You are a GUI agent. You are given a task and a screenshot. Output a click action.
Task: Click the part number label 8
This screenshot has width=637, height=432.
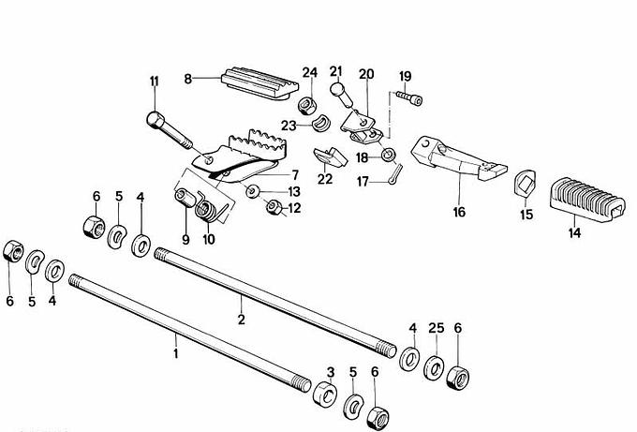coord(187,79)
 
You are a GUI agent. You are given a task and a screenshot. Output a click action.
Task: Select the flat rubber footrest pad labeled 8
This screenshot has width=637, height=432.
coord(260,82)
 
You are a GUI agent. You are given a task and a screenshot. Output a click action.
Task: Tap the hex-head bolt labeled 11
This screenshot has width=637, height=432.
coord(169,129)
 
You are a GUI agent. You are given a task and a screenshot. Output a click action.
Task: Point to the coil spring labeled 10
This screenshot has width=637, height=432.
coord(208,207)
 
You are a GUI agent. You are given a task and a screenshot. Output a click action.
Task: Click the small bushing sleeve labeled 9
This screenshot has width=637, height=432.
coord(185,198)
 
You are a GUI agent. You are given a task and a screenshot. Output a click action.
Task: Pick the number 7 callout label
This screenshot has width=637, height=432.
coord(295,174)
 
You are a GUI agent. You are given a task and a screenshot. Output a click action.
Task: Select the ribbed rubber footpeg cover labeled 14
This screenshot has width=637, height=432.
coord(586,200)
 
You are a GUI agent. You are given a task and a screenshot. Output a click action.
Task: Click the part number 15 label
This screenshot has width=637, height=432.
coord(526,215)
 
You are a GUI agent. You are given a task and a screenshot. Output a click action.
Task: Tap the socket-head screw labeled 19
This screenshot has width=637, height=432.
coord(408,97)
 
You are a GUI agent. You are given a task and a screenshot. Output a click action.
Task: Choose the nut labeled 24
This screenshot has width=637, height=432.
coord(307,106)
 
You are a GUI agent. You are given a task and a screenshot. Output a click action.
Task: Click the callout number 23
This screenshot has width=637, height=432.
coord(289,126)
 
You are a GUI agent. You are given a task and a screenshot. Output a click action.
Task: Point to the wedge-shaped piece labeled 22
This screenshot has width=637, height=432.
coord(330,157)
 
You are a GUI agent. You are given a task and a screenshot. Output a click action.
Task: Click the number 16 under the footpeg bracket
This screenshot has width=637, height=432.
coord(459,212)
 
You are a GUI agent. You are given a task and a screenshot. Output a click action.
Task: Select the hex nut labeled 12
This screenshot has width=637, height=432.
coord(274,207)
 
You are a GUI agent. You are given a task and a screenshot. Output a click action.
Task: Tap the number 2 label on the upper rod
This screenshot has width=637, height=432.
coord(242,320)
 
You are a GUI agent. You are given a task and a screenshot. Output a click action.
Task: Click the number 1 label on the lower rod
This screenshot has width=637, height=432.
coord(175,353)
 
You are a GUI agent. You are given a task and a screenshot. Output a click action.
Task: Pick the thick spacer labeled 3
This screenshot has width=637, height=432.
coord(325,393)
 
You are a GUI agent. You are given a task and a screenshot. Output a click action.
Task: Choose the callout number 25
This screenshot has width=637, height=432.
coord(437,328)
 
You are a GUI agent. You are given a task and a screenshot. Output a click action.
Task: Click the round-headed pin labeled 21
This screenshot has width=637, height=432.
coord(343,95)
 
